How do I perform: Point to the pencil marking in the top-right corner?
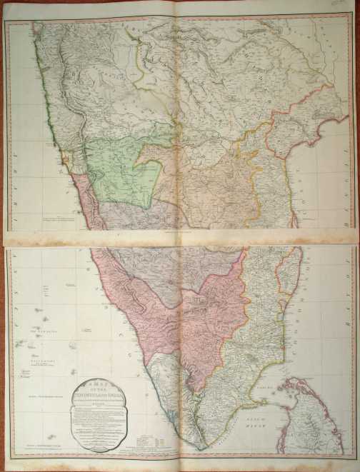[x=348, y=6]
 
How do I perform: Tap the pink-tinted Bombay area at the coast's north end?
[x=36, y=32]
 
